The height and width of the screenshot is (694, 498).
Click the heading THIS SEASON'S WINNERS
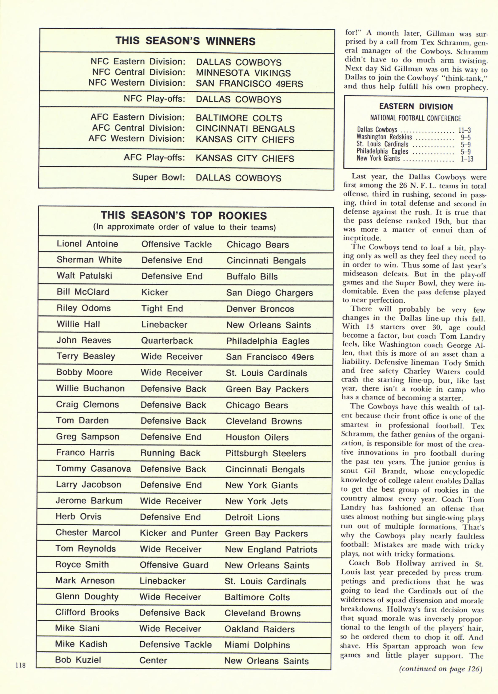(x=185, y=41)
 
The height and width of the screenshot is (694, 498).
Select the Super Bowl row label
(x=159, y=177)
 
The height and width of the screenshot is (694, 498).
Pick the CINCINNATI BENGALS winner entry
(x=245, y=129)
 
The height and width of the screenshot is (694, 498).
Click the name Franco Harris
(x=85, y=453)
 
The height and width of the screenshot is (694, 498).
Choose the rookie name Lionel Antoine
(x=87, y=244)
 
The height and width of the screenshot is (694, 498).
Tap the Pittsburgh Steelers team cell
(x=266, y=453)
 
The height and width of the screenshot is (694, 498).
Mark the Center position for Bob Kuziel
(x=153, y=660)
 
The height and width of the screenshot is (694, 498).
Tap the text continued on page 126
(x=441, y=677)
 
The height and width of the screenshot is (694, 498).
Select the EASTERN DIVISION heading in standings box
(x=416, y=106)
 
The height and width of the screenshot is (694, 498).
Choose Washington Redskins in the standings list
(x=384, y=137)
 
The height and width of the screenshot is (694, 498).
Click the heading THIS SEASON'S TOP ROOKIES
(x=184, y=215)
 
